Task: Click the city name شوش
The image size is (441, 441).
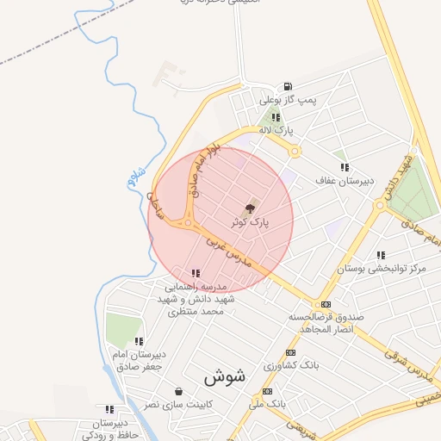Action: (226, 377)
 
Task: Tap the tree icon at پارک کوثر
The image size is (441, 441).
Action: (251, 208)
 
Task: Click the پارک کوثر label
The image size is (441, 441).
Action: (250, 221)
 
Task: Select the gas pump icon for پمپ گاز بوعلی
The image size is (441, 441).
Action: (287, 86)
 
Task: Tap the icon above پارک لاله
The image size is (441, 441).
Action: (276, 117)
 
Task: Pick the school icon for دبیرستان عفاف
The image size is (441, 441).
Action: (345, 167)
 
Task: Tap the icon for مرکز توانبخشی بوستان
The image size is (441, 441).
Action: (381, 255)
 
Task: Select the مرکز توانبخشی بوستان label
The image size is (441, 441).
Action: (382, 269)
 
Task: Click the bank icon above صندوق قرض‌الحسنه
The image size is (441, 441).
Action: (326, 304)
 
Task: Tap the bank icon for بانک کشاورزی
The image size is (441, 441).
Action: (290, 353)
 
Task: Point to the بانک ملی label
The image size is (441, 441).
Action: (267, 402)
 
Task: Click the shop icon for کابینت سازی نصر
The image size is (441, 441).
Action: (178, 391)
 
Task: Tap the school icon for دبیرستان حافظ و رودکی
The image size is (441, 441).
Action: (109, 410)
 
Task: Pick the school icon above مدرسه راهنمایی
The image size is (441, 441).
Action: (196, 273)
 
